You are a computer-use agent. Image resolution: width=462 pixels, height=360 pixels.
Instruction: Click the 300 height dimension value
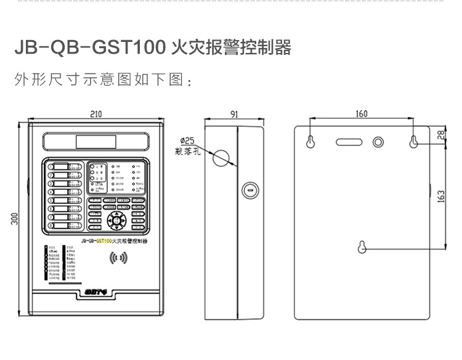(14, 218)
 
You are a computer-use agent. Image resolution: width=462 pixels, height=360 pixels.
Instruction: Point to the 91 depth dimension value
(235, 113)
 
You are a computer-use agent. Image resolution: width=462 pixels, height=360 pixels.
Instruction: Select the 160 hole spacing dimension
(362, 113)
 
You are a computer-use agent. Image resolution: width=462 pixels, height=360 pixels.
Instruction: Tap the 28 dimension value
(440, 135)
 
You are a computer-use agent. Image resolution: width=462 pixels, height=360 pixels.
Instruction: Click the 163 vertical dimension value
(440, 195)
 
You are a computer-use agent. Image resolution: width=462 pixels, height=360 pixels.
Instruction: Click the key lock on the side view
(250, 190)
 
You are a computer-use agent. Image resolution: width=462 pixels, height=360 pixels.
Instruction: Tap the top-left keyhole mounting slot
(310, 141)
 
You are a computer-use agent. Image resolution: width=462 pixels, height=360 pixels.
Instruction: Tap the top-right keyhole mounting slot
(415, 141)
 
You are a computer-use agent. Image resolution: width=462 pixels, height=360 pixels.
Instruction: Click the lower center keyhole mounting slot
(362, 247)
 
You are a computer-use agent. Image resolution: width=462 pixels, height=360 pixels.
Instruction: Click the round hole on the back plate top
(379, 141)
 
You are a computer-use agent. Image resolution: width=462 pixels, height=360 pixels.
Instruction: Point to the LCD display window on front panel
(95, 142)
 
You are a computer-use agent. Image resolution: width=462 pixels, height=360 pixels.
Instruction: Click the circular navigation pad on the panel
(116, 220)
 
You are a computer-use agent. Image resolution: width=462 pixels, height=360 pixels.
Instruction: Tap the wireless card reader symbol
(118, 258)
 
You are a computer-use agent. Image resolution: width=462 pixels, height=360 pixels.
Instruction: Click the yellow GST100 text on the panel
(103, 240)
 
